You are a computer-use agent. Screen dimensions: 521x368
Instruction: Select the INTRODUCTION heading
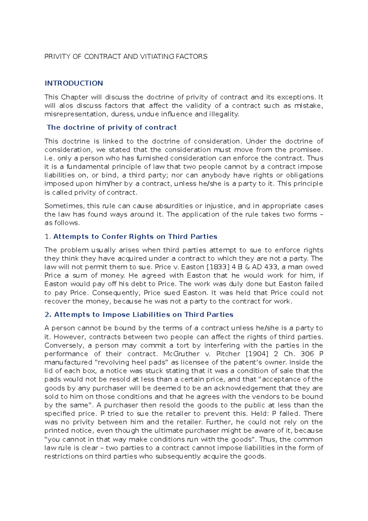[74, 83]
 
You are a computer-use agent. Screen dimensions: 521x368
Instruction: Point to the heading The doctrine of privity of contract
[112, 127]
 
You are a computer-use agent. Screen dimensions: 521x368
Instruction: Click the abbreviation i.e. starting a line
[49, 158]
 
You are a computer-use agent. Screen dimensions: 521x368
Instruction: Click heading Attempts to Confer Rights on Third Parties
[135, 237]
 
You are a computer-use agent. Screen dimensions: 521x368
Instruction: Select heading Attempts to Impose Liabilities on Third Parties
[144, 315]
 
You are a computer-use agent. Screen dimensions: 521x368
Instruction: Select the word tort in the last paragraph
[183, 345]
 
